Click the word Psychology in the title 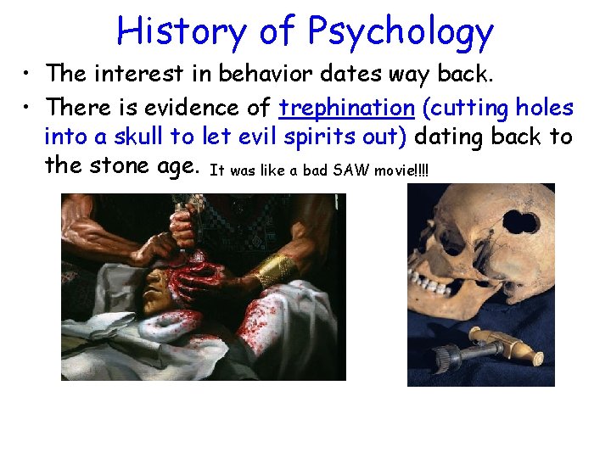tap(401, 32)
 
